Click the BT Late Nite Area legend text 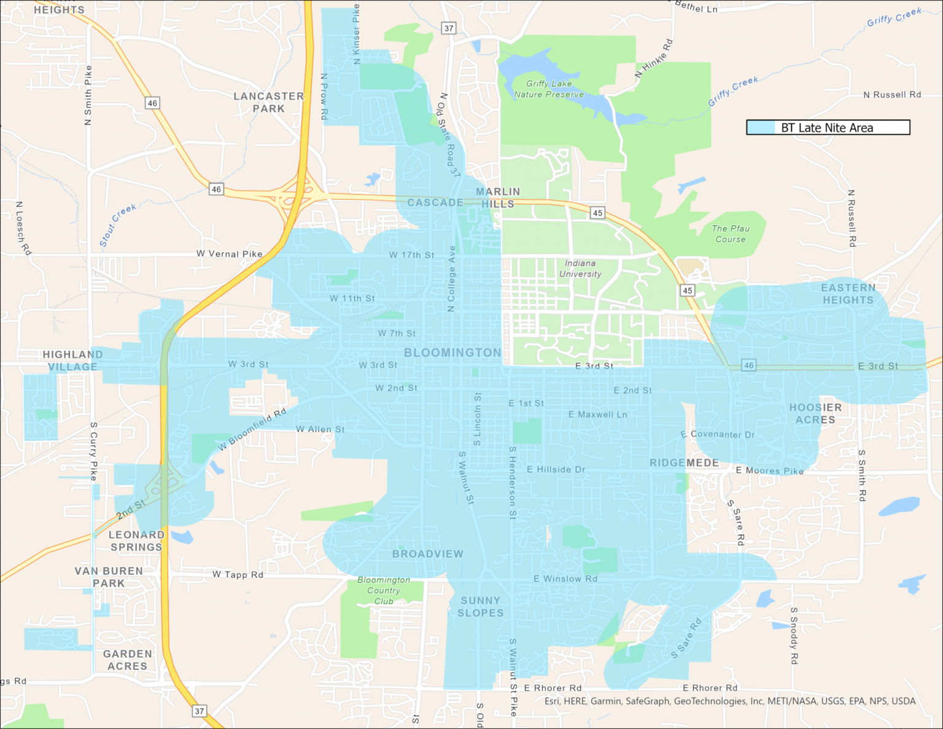tap(826, 128)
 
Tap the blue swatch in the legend tap(761, 128)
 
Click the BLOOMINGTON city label tap(452, 353)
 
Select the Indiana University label tap(580, 268)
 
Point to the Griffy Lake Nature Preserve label tap(549, 89)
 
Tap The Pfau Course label tap(731, 233)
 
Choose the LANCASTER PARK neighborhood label tap(269, 102)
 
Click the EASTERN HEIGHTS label tap(848, 294)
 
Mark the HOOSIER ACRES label tap(815, 413)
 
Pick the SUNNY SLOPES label tap(481, 606)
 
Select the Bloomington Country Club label tap(384, 590)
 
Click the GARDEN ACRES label tap(127, 660)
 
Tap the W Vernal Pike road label tap(229, 254)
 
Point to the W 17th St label tap(411, 255)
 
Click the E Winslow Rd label tap(565, 579)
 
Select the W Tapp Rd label tap(238, 574)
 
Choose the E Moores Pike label tap(770, 470)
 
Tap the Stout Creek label tap(117, 225)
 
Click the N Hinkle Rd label tap(654, 58)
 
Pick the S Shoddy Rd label tap(794, 636)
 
